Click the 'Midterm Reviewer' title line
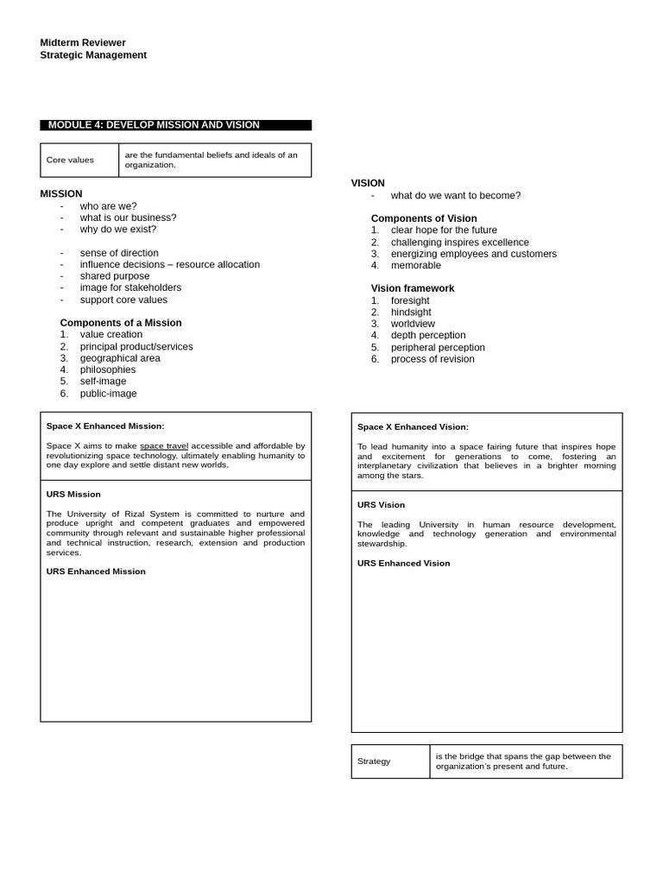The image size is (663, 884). [83, 42]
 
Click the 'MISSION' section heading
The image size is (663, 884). [61, 193]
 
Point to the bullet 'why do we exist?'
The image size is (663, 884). [118, 230]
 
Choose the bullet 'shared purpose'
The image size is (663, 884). [115, 276]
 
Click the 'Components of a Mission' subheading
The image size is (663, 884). [121, 323]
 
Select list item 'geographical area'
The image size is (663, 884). [120, 358]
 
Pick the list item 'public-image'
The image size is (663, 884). [108, 394]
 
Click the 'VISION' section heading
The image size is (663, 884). [368, 183]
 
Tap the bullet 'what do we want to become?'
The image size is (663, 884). [456, 196]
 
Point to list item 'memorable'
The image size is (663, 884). [415, 266]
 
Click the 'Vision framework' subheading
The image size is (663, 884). [413, 288]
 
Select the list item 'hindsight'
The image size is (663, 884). [411, 313]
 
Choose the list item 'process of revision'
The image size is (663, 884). [433, 359]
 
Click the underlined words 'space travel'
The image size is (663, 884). [164, 446]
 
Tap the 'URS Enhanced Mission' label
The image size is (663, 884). [96, 571]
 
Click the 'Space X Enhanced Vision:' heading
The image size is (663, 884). [413, 426]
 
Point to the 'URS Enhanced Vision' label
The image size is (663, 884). [404, 564]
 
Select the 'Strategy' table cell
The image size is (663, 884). [374, 761]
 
